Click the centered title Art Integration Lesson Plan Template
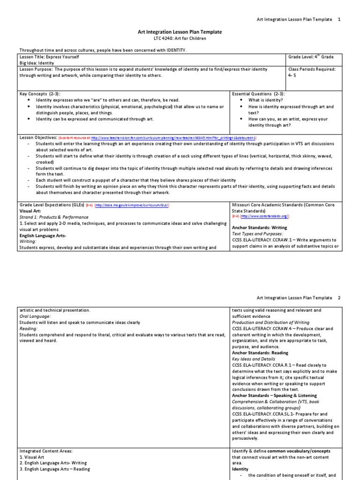(180, 32)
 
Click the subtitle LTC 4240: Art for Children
(180, 38)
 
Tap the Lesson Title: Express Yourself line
(49, 56)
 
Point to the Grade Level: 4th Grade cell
(311, 57)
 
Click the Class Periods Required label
(312, 69)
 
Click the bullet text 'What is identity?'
(265, 100)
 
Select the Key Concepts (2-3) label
(40, 94)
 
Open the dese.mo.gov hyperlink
(133, 205)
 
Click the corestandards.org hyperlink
(265, 217)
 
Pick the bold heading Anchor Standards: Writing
(259, 228)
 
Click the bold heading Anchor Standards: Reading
(260, 352)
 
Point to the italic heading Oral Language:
(35, 316)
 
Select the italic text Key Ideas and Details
(255, 359)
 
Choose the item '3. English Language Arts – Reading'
(55, 469)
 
